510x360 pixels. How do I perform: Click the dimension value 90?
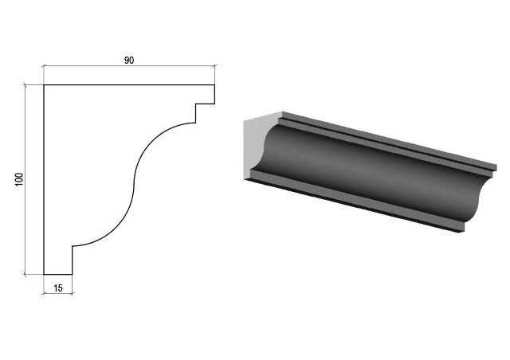click(129, 61)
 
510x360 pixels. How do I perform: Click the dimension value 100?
click(19, 179)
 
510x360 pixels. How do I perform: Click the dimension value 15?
click(58, 288)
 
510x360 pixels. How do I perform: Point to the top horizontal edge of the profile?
click(129, 85)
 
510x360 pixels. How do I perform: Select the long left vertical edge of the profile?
click(44, 180)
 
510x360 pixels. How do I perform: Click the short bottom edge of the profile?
click(58, 275)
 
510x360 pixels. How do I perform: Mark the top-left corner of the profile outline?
click(44, 85)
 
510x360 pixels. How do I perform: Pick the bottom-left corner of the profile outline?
click(44, 275)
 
